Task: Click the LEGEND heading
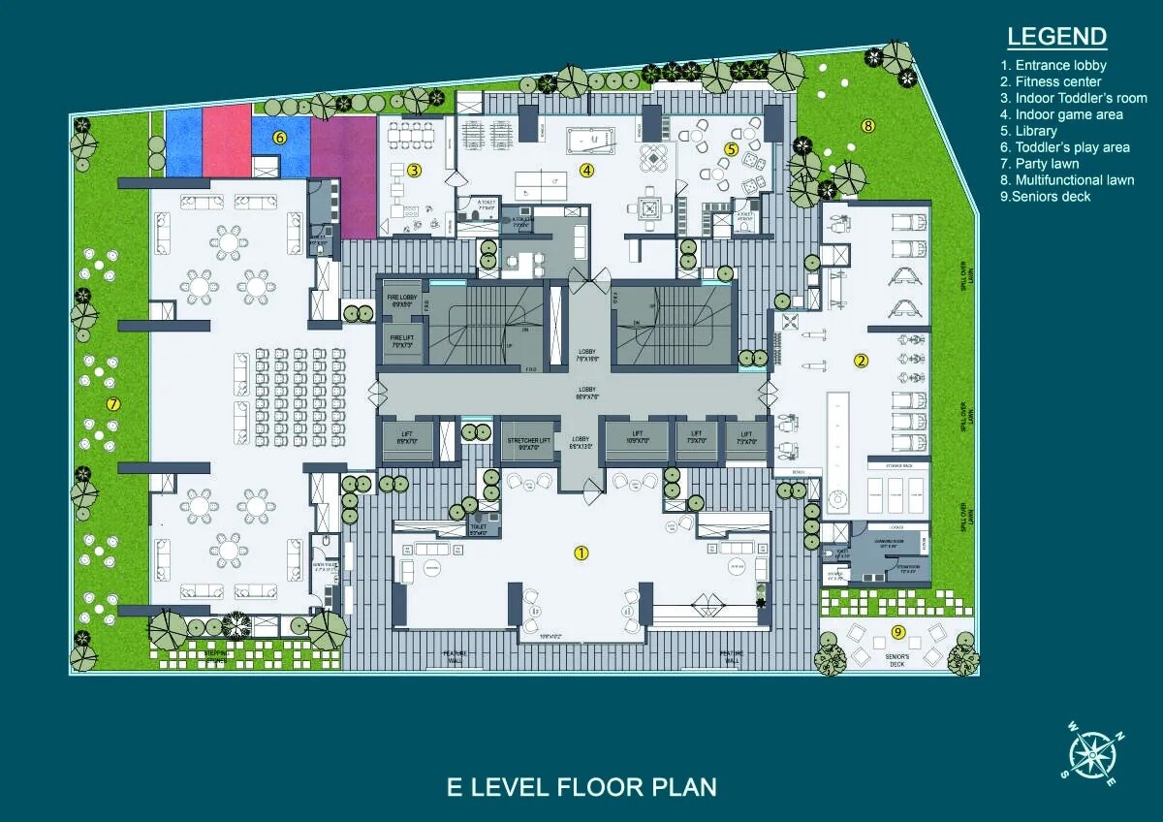pos(1056,37)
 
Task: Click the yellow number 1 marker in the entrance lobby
pos(581,553)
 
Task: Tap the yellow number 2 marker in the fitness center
pos(861,361)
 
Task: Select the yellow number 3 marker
pos(414,172)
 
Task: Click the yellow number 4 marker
pos(586,170)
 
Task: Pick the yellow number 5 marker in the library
pos(732,149)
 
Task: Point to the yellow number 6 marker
pos(280,138)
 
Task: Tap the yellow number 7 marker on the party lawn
pos(113,403)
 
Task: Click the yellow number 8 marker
pos(868,125)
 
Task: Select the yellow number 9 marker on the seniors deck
pos(898,632)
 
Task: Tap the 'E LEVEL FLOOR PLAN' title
pos(581,785)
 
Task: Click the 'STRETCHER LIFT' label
pos(528,441)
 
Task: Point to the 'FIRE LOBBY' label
pos(401,300)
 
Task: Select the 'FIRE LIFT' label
pos(401,340)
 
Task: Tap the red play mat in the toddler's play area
pos(228,141)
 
